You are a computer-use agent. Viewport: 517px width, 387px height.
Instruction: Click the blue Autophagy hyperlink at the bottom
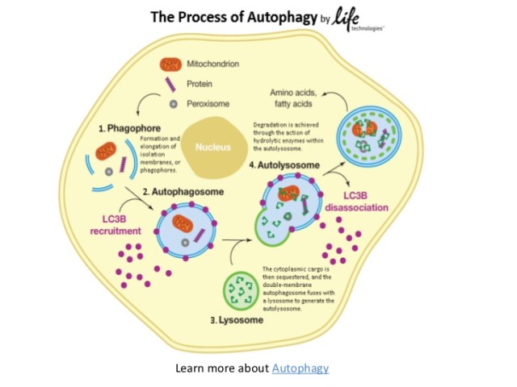click(x=301, y=368)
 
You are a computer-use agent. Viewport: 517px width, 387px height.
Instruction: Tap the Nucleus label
click(x=213, y=148)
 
